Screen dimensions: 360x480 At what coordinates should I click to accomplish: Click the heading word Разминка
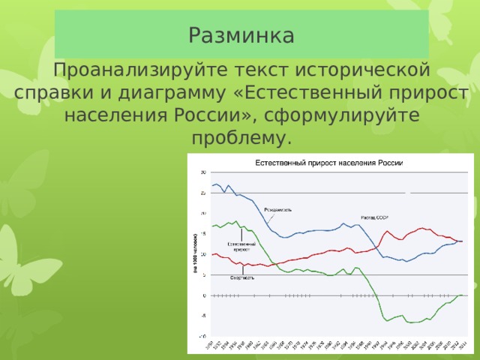pyautogui.click(x=241, y=35)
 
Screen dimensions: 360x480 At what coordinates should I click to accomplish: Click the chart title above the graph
pyautogui.click(x=330, y=163)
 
